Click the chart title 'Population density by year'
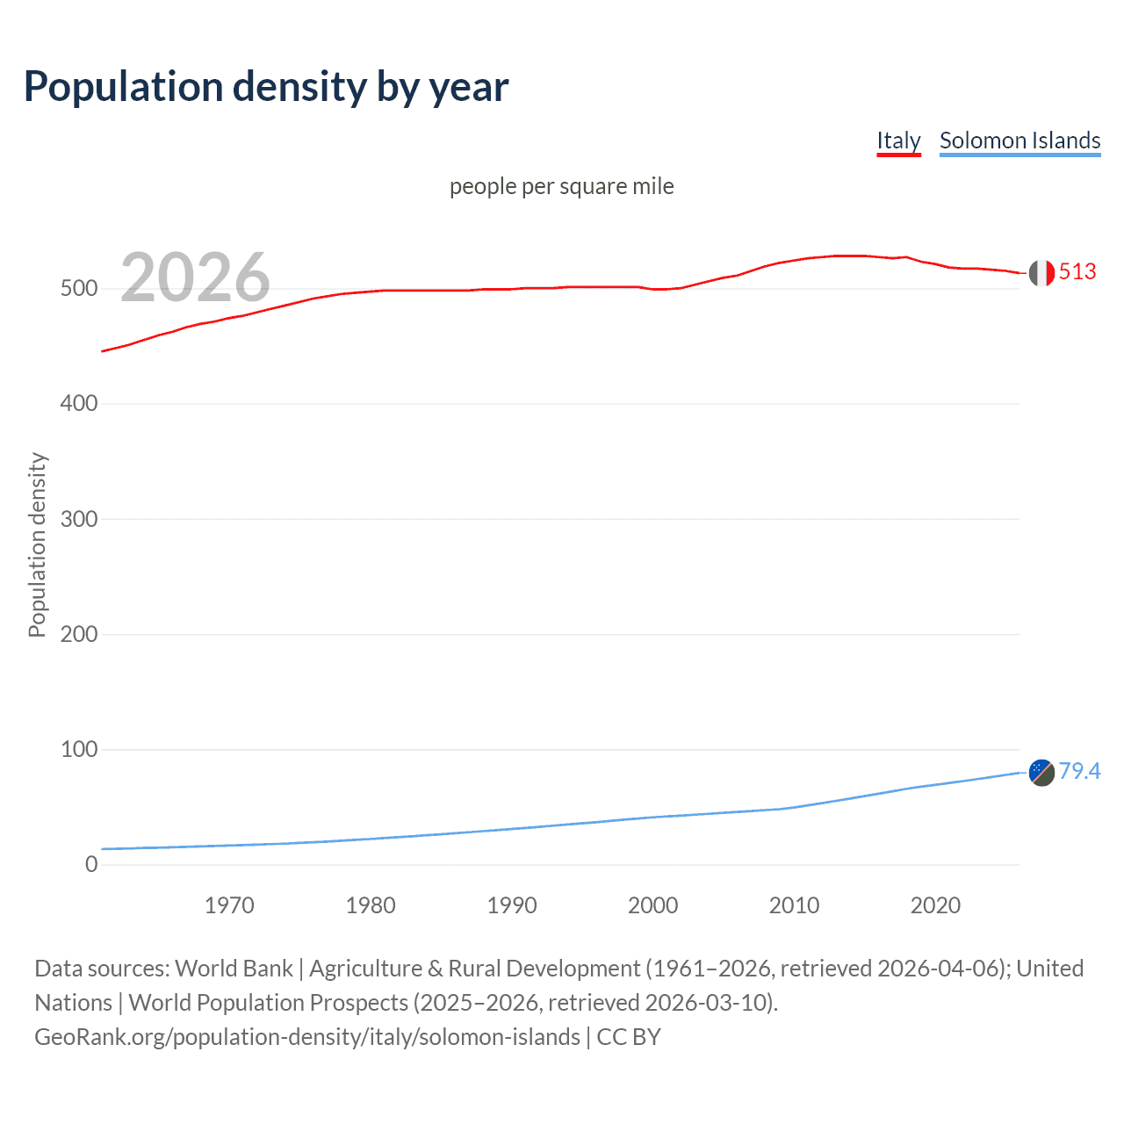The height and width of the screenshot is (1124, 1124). coord(266,87)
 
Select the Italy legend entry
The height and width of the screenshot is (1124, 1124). coord(898,140)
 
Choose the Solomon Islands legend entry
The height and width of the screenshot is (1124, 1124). coord(1020,140)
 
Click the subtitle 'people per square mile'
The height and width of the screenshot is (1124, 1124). coord(561,186)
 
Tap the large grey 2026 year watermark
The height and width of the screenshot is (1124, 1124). coord(195,277)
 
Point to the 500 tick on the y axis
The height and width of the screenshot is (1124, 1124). coord(78,289)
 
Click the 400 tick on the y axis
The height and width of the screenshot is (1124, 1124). coord(78,404)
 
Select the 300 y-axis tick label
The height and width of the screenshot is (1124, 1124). coord(78,519)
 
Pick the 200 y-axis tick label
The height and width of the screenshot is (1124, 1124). coord(78,634)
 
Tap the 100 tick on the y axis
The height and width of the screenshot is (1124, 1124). coord(78,749)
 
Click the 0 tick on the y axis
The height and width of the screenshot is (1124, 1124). coord(91,864)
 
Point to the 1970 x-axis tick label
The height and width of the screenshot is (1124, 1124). coord(229,905)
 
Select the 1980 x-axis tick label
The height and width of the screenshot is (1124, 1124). coord(371,905)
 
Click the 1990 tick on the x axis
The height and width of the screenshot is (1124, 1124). coord(512,905)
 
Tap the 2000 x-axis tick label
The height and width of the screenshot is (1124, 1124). coord(653,905)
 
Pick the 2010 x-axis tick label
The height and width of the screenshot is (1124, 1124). coord(794,905)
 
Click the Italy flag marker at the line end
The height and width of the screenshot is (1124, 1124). coord(1041,273)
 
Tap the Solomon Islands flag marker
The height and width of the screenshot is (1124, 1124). coord(1041,773)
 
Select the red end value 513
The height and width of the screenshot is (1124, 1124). coord(1077,272)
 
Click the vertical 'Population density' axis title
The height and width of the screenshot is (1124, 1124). coord(37,544)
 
